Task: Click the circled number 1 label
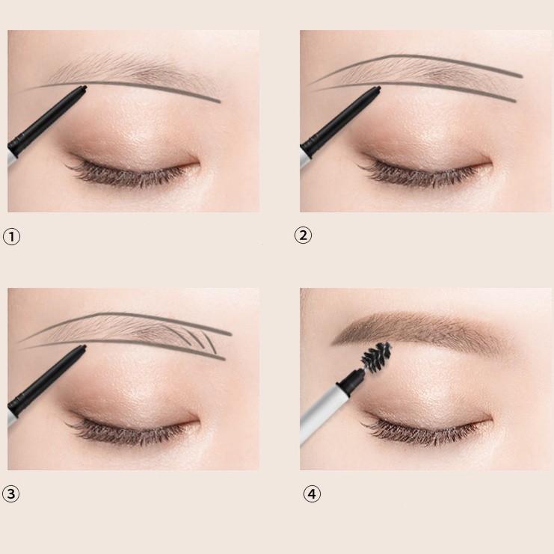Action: (x=12, y=236)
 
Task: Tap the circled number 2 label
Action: (x=303, y=236)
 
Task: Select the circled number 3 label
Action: (x=11, y=493)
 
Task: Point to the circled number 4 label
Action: (x=312, y=493)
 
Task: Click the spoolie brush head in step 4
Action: (x=376, y=355)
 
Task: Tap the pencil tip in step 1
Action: (x=84, y=87)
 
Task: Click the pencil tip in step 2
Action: (x=378, y=88)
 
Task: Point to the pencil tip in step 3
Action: (x=84, y=347)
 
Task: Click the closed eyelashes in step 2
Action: (x=421, y=173)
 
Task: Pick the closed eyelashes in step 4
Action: (x=421, y=431)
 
